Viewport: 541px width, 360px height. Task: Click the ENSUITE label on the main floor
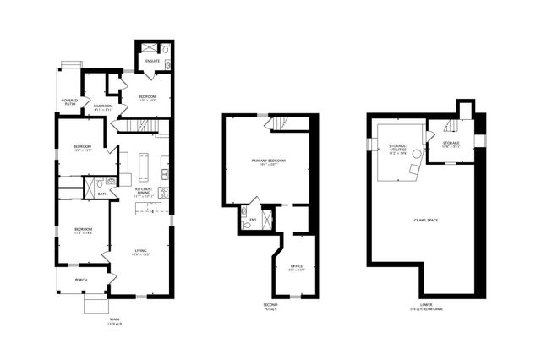pos(153,61)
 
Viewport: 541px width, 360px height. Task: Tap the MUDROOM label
pos(103,106)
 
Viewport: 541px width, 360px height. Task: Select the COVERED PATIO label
pos(69,102)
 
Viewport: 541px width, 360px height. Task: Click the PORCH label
pos(81,280)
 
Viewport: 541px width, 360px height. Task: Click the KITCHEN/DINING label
pos(144,192)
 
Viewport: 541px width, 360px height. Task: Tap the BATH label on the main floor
pos(102,194)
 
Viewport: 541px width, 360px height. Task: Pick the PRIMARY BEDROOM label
pos(269,161)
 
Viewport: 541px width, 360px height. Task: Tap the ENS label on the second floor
pos(252,221)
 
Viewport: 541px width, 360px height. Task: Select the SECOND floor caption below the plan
pos(270,305)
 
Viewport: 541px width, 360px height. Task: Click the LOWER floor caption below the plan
pos(425,305)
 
